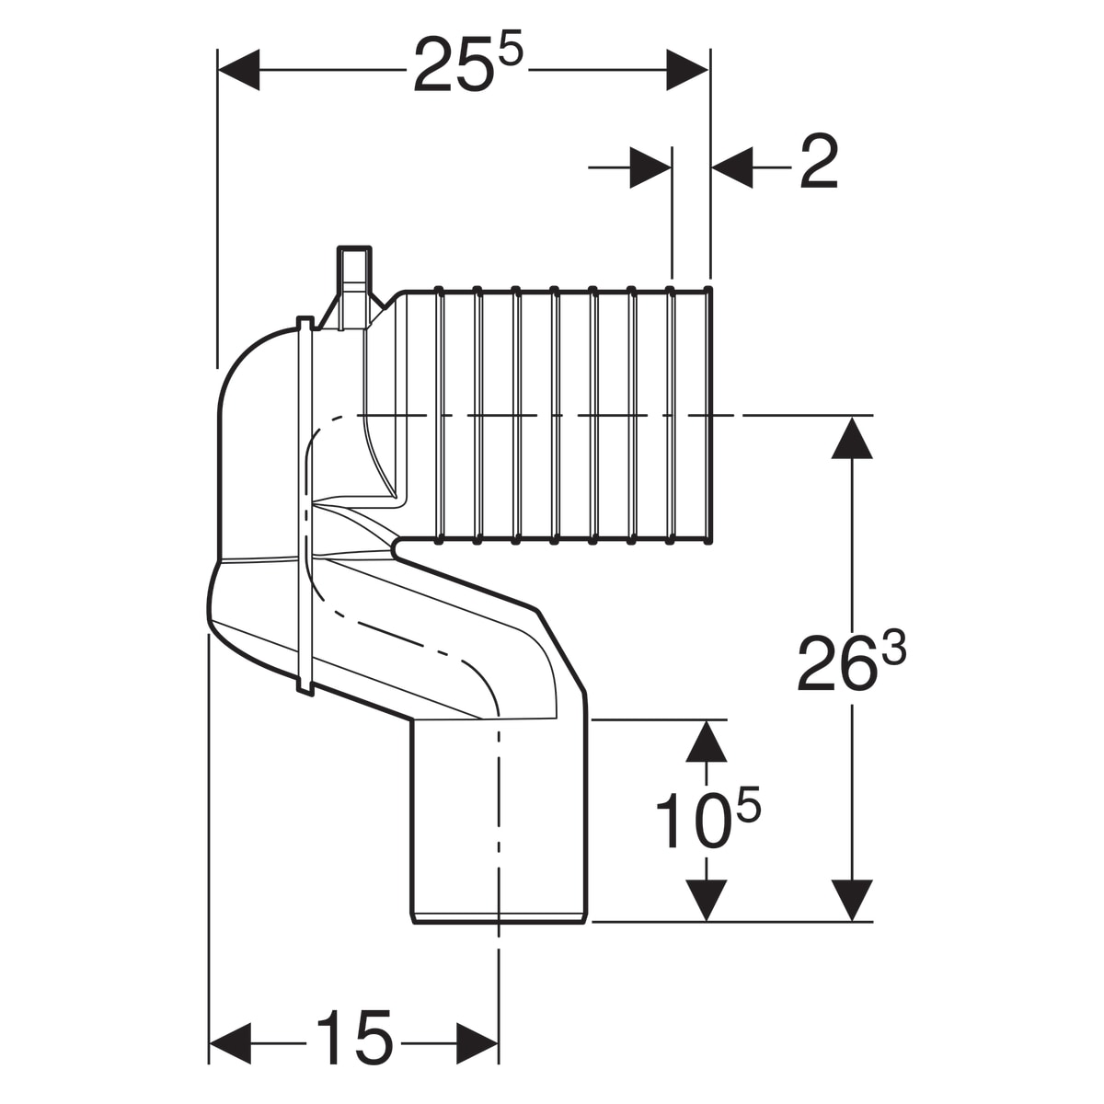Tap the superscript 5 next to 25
pyautogui.click(x=511, y=52)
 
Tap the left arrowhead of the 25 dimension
pyautogui.click(x=239, y=70)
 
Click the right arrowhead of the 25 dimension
pyautogui.click(x=687, y=70)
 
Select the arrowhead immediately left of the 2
pyautogui.click(x=731, y=167)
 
